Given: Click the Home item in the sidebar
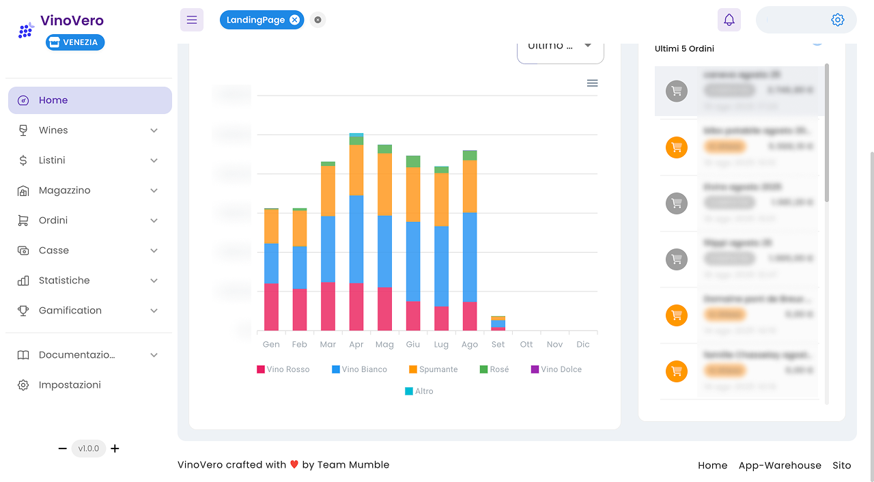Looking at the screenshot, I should pos(53,100).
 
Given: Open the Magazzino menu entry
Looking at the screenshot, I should pos(64,190).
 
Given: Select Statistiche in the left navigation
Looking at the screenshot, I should pos(64,281).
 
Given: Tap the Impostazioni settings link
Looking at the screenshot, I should pos(70,385).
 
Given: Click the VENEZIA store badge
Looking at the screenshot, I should pos(75,42).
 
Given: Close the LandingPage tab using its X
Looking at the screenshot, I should pos(294,20).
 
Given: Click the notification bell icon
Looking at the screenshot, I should pos(729,20).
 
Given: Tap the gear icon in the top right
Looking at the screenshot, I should pos(837,20).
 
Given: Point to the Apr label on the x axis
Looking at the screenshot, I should pos(356,345).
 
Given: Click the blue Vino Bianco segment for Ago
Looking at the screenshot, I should pos(470,257).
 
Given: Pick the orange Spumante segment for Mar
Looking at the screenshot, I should pos(328,191).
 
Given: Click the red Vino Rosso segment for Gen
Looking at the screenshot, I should pos(271,307).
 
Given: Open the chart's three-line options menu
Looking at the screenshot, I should pos(592,83).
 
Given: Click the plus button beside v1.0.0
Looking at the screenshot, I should pos(115,449).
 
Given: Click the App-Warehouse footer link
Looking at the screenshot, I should pos(780,465).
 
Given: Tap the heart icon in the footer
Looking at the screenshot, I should pos(294,465).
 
